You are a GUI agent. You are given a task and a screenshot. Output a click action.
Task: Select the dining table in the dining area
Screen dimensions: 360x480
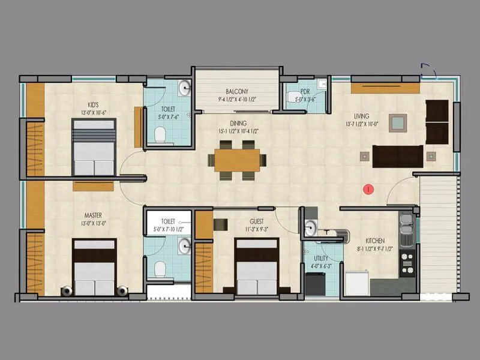(x=237, y=160)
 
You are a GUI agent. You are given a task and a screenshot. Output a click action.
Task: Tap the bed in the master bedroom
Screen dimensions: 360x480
(x=94, y=267)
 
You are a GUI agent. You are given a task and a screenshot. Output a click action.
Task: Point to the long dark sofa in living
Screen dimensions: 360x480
(x=398, y=156)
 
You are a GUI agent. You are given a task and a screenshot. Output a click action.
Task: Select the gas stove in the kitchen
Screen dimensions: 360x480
(x=407, y=262)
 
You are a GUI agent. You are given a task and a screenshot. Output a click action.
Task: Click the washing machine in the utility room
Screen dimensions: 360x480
(x=315, y=283)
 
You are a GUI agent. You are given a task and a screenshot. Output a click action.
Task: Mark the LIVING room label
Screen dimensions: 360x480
(x=361, y=116)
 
